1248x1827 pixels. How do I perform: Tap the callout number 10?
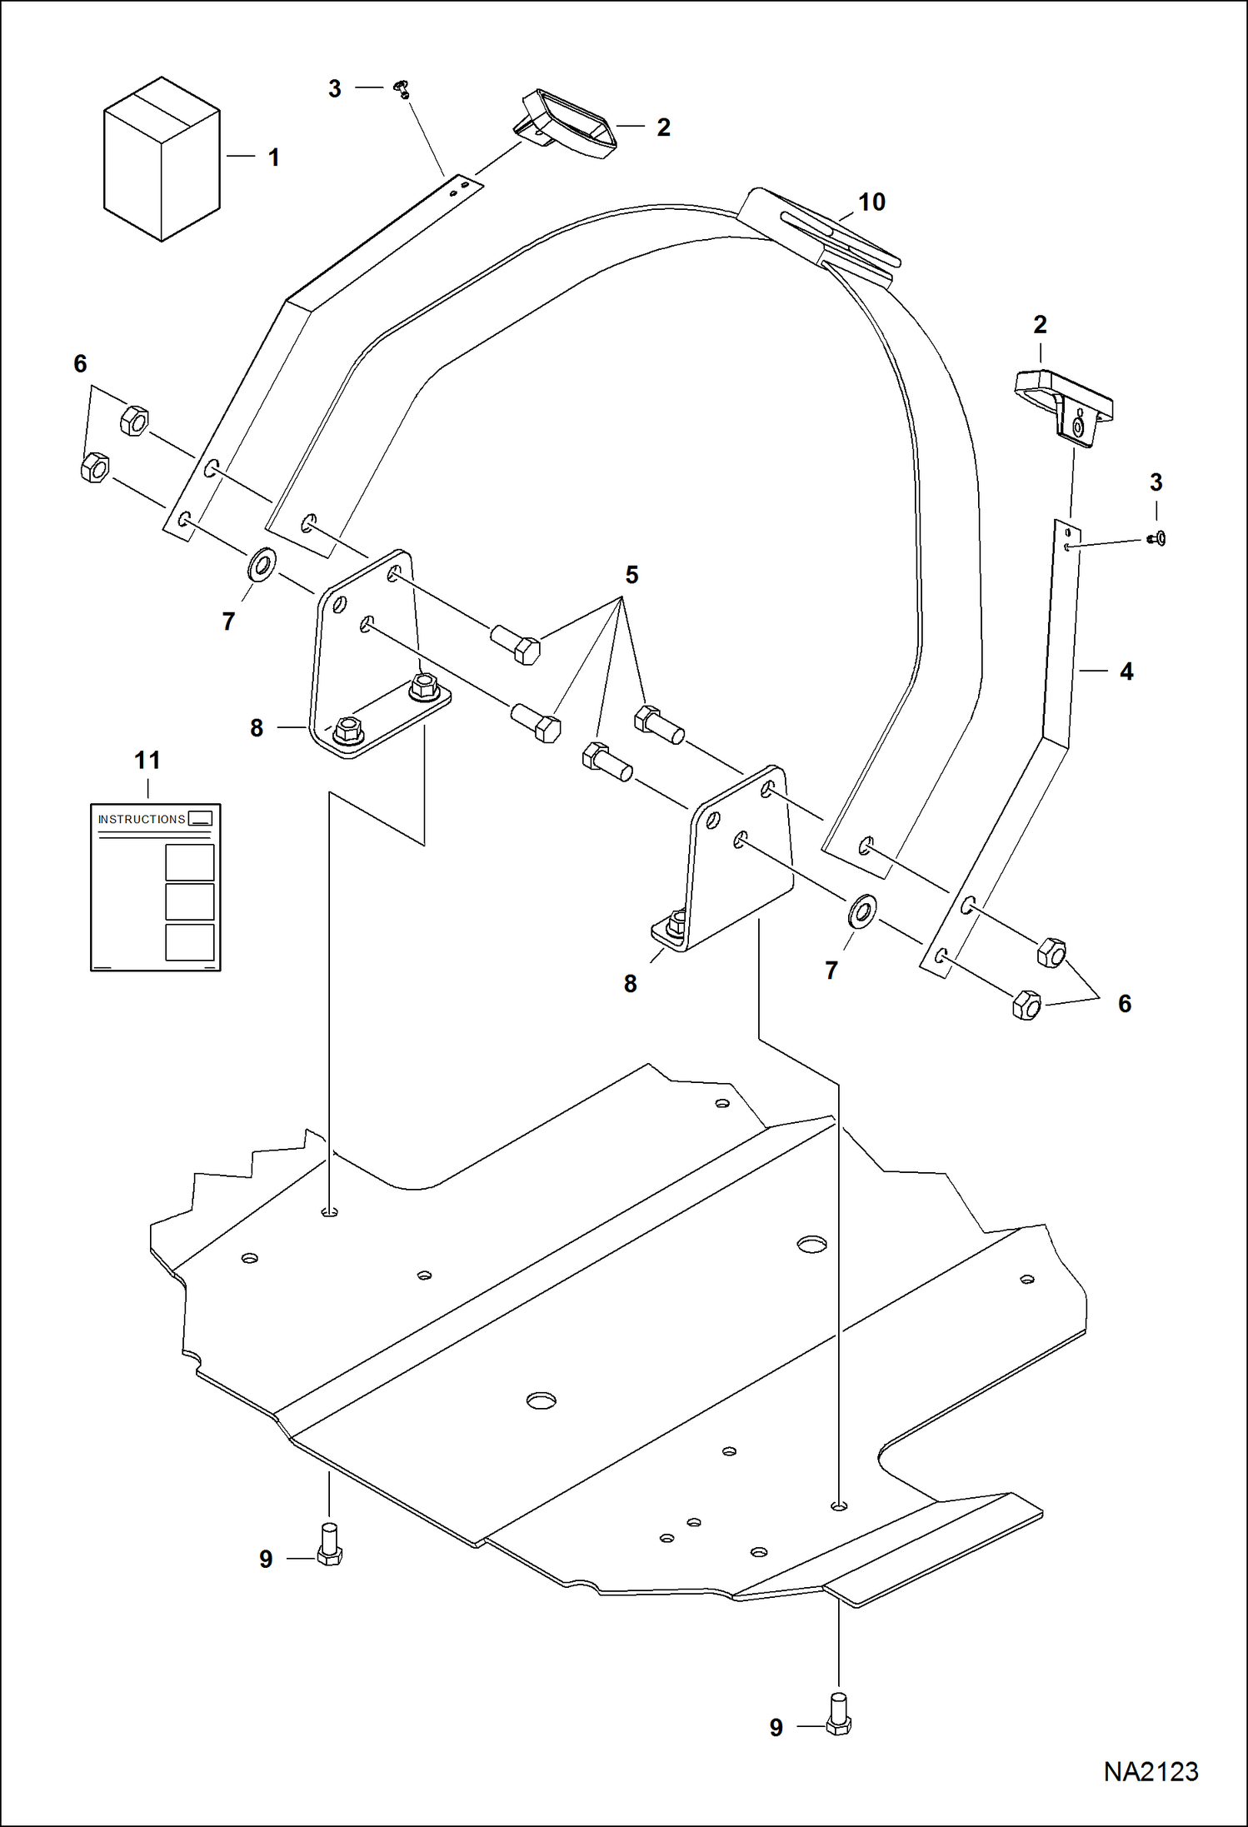point(871,202)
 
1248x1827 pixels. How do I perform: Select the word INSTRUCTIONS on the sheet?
point(142,819)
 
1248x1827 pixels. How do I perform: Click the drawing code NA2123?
point(1151,1772)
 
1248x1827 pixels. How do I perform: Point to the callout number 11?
point(147,760)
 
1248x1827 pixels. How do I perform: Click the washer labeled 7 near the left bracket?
point(262,566)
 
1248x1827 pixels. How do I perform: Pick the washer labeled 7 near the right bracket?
point(862,911)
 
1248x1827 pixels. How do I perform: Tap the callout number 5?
point(631,575)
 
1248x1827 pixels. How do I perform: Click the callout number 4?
point(1126,671)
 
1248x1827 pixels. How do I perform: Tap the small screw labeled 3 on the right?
point(1157,539)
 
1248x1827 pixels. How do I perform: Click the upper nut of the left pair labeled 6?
point(134,419)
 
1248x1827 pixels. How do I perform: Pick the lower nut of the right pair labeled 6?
point(1026,1006)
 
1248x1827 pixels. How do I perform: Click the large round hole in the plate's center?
point(541,1400)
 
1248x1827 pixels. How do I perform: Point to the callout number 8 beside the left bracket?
point(257,728)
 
